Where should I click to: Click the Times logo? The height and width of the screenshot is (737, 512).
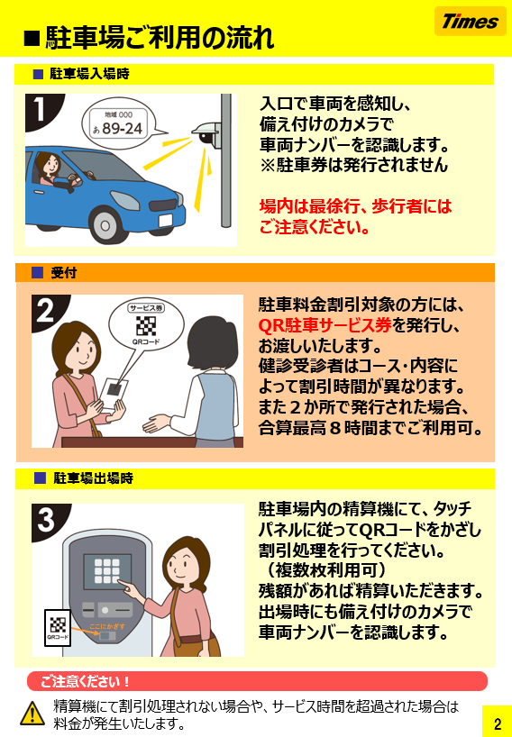point(471,21)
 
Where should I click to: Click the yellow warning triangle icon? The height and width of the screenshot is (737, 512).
point(32,713)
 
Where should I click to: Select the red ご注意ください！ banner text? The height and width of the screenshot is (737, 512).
point(85,681)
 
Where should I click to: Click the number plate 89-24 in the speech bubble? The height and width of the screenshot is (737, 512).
point(122,128)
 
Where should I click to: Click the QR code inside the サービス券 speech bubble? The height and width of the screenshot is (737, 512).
point(146,326)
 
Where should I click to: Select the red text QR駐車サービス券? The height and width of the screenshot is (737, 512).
point(325,325)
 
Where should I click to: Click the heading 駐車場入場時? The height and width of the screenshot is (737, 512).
point(89,74)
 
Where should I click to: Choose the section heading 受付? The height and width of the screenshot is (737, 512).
point(63,273)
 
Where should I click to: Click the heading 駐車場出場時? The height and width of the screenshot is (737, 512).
point(93,478)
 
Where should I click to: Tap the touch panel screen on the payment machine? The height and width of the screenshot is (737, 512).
point(107,571)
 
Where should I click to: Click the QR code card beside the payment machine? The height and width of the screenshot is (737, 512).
point(58,627)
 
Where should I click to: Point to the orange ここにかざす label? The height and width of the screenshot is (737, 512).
point(107,626)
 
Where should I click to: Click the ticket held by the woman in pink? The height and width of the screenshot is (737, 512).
point(114,394)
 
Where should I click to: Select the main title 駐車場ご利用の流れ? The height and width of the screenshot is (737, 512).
point(160,38)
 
